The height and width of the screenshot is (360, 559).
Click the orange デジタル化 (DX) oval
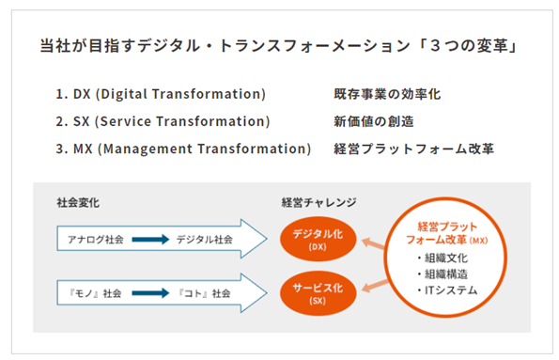318,239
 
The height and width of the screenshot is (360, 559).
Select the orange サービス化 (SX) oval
318,293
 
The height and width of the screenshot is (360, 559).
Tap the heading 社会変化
78,203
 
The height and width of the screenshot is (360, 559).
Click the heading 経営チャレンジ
318,203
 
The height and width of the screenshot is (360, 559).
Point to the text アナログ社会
96,239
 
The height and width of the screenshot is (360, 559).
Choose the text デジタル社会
204,239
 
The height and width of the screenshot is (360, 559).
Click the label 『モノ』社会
95,293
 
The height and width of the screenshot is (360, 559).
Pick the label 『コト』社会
204,293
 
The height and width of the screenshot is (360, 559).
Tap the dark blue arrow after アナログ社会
150,239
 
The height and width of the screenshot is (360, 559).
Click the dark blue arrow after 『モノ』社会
150,293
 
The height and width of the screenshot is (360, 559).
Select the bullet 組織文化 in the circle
443,258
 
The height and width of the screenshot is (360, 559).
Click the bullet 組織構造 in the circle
443,274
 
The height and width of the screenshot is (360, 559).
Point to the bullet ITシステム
447,290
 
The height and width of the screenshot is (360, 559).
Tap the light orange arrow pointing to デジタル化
373,243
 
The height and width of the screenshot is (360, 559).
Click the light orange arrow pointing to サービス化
375,287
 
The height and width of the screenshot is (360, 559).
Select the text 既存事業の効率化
387,94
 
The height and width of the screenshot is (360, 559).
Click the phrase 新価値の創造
374,121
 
